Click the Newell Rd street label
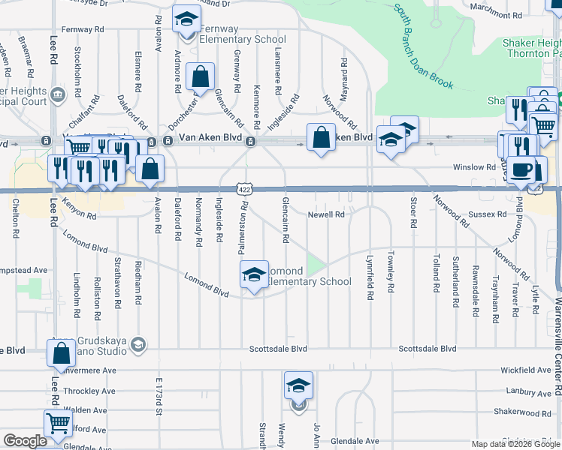click(325, 214)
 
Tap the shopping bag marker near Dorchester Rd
click(201, 76)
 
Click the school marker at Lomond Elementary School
click(254, 274)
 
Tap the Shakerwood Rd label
click(522, 412)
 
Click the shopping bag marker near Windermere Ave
click(61, 353)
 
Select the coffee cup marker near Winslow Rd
click(521, 169)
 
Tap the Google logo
click(25, 441)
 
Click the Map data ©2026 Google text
click(515, 444)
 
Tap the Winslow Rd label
click(473, 166)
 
